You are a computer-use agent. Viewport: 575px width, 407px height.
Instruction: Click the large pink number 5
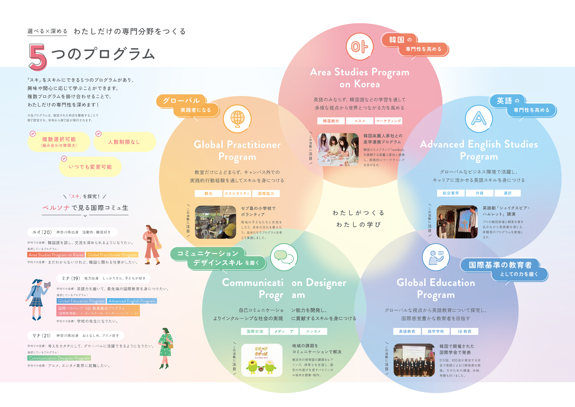click(38, 57)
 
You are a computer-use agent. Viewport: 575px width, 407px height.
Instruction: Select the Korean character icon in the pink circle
click(360, 47)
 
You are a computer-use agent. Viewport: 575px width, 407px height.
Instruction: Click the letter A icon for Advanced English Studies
click(479, 118)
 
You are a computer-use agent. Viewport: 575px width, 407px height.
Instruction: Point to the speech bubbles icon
click(284, 257)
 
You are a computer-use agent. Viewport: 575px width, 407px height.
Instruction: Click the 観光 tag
click(208, 193)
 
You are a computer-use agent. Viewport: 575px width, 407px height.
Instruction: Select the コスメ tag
click(360, 121)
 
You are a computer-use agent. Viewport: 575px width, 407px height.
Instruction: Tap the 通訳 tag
click(507, 193)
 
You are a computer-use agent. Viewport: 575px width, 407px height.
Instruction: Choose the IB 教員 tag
click(464, 331)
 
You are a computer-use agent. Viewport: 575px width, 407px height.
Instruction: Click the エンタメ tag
click(313, 331)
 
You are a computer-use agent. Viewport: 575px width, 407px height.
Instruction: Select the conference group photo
click(414, 360)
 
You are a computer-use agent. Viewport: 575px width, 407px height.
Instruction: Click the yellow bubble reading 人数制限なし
click(124, 142)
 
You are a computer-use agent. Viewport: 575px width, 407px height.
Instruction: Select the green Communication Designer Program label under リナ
click(59, 358)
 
